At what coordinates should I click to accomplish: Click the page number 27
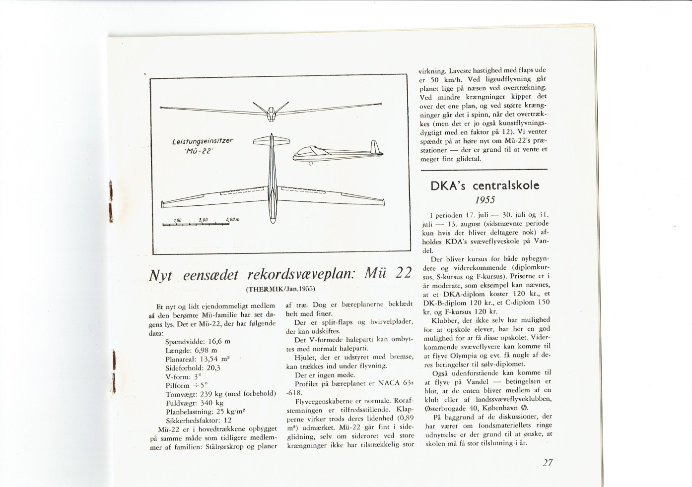548,463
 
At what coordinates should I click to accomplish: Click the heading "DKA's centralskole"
484,186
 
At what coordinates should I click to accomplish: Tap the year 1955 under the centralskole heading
485,200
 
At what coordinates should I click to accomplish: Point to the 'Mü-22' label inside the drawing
196,152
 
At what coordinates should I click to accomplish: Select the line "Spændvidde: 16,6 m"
198,342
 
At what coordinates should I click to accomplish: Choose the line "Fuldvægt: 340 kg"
194,403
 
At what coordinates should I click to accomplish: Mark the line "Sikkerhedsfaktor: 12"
199,420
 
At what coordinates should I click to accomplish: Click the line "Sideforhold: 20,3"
193,368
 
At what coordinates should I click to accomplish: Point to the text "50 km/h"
446,79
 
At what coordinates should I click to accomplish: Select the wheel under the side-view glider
311,163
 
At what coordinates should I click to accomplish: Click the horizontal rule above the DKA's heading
484,170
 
